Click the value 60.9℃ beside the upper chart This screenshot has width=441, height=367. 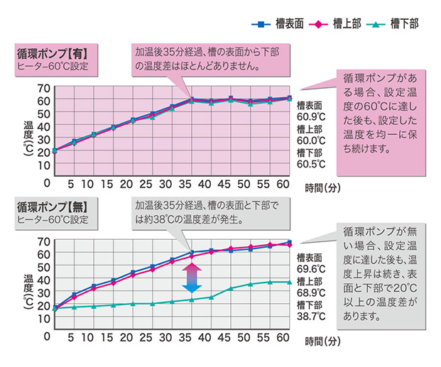click(x=311, y=117)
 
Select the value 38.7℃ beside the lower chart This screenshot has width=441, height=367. click(x=311, y=316)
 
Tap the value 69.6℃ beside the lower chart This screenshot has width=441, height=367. click(x=311, y=269)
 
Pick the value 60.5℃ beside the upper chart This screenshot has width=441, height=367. click(x=311, y=164)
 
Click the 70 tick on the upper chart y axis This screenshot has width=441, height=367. click(x=43, y=89)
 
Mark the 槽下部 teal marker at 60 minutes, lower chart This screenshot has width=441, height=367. click(x=288, y=283)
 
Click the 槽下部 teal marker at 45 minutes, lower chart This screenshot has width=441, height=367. click(x=230, y=289)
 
